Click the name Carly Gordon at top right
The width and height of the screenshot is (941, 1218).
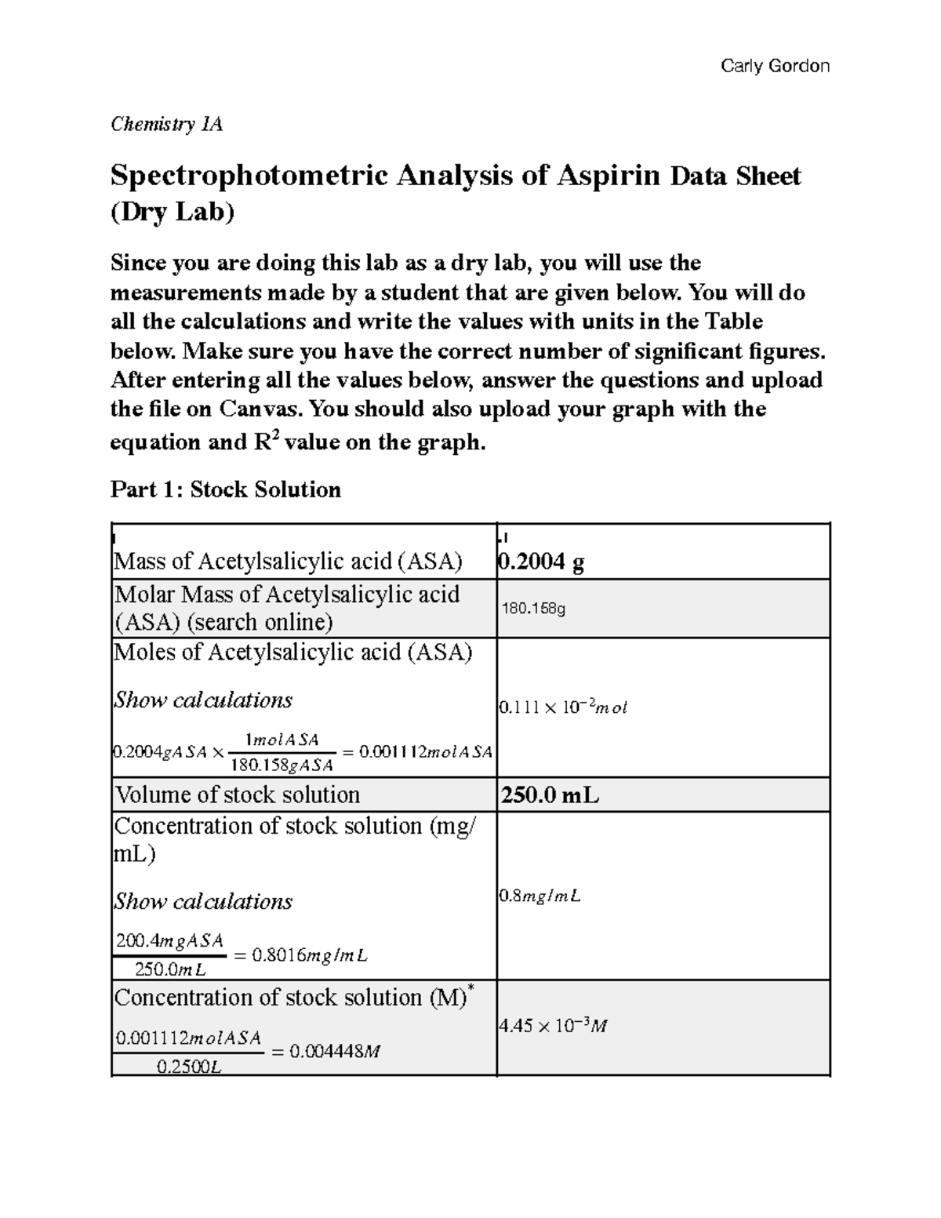(775, 66)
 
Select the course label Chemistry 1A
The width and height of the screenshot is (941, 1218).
(166, 124)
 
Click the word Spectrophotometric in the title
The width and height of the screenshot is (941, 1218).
(249, 175)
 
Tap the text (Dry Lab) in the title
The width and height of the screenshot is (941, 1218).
(173, 213)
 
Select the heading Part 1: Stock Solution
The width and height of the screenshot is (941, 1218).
(226, 489)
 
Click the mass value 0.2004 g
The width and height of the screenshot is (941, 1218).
(542, 562)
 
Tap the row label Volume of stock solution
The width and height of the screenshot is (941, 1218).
(238, 794)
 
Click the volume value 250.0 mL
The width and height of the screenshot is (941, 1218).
(550, 795)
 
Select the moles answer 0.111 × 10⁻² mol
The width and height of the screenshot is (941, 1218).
(563, 707)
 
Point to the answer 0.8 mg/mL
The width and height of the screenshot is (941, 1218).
(540, 896)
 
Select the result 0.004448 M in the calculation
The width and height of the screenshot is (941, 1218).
(335, 1052)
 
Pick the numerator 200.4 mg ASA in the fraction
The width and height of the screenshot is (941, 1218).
(169, 940)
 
